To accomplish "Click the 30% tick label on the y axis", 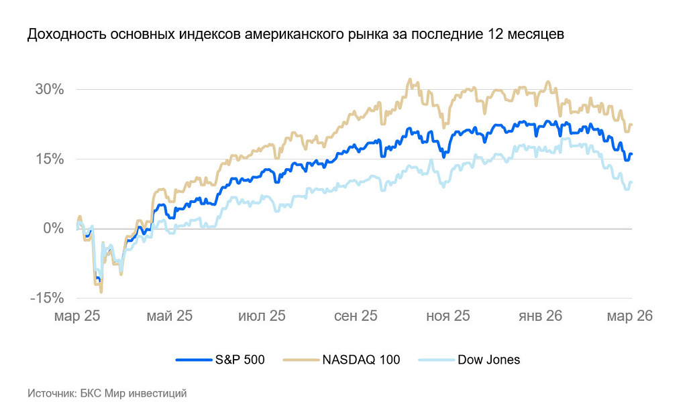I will (50, 89).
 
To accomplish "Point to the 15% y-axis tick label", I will (50, 159).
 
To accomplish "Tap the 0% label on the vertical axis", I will (54, 228).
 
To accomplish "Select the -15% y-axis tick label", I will (47, 298).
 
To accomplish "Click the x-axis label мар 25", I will (77, 316).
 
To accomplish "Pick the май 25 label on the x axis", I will (170, 316).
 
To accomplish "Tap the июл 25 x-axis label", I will (262, 316).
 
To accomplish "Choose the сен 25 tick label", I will (356, 316).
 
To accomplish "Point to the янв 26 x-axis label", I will (540, 316).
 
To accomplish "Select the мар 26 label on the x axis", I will (630, 316).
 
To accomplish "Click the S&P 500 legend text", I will (240, 360).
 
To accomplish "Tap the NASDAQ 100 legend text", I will (360, 360).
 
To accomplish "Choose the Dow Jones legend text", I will (488, 360).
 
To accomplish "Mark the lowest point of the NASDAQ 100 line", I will (101, 291).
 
